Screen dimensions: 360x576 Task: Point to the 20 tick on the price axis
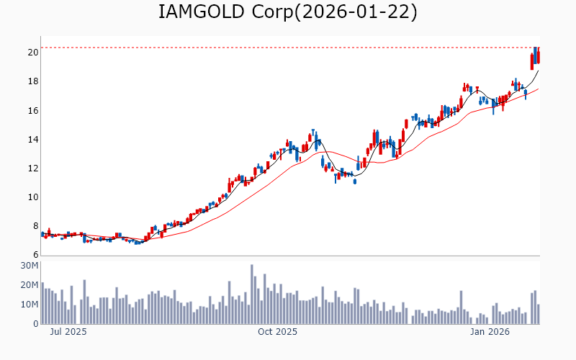(33, 53)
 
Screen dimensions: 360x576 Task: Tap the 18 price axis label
(33, 81)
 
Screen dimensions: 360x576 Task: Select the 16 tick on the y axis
(33, 110)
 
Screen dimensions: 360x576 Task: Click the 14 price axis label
(33, 139)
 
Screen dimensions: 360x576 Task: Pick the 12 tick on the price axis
(33, 168)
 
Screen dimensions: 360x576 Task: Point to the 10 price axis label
(33, 197)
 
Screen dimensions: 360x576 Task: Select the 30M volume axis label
(29, 266)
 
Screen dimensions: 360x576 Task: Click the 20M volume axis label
(29, 285)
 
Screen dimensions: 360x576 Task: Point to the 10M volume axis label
(29, 305)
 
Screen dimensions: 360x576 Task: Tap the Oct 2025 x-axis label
(277, 332)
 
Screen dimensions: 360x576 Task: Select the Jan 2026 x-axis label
(490, 332)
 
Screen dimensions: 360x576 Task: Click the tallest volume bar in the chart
(252, 294)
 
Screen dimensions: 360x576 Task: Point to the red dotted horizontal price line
(288, 48)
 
